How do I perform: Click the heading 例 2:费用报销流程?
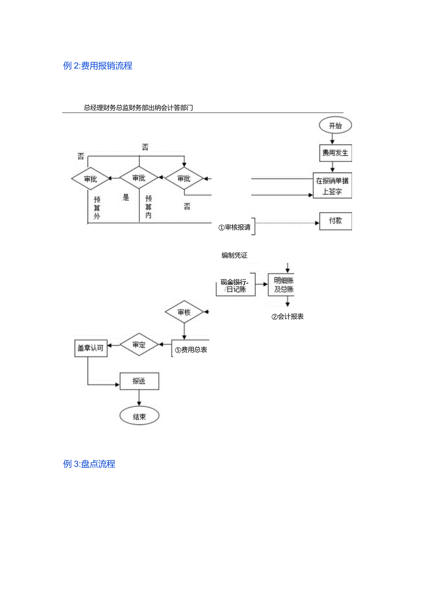click(x=97, y=66)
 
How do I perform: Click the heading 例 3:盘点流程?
click(x=89, y=464)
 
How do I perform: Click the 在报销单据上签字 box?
click(x=332, y=186)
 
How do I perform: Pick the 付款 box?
click(x=335, y=221)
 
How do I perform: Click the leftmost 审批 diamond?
click(x=90, y=178)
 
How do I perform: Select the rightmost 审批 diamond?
click(x=184, y=178)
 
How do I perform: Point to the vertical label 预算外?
click(x=97, y=208)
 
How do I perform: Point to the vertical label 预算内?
click(x=148, y=207)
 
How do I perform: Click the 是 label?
click(x=126, y=198)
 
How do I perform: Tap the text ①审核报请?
click(x=235, y=228)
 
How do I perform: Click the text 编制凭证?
click(x=234, y=255)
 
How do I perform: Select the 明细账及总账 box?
click(x=281, y=285)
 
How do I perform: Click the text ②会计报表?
click(x=287, y=317)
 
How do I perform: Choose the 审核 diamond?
click(x=184, y=313)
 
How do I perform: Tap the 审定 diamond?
click(x=139, y=345)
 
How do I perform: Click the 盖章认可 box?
click(x=91, y=348)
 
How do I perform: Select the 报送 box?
click(x=139, y=381)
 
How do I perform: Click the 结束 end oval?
click(x=139, y=416)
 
